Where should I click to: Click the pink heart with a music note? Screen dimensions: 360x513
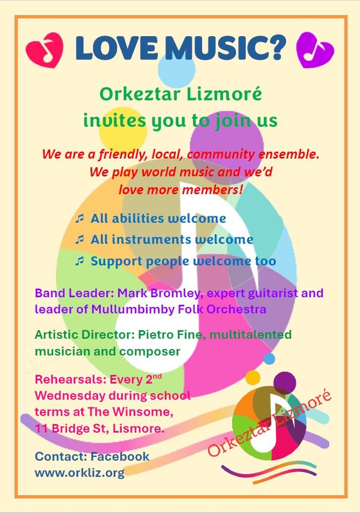pos(45,50)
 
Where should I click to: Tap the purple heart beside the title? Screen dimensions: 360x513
pos(315,50)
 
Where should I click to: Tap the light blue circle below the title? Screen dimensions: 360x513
pos(177,70)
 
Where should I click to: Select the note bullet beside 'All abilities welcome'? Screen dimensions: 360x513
pos(79,218)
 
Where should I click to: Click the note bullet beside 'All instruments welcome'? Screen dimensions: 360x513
pos(79,240)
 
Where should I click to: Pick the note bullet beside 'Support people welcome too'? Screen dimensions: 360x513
pos(79,261)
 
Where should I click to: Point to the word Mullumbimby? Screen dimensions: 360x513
pos(133,310)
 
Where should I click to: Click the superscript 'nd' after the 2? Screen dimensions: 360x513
pos(157,377)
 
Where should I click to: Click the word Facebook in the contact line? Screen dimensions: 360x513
pos(120,457)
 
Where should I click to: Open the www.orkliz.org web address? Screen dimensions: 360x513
pos(80,473)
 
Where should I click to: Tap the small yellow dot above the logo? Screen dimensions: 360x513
pos(253,378)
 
